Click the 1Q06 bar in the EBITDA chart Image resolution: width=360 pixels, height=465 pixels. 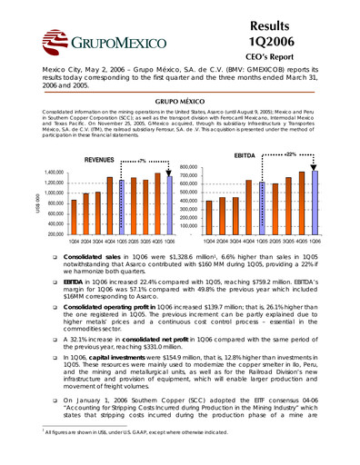coord(315,197)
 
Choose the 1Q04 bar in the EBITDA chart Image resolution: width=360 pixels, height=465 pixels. coord(209,216)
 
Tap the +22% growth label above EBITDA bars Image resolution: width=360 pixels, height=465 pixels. coord(290,154)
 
